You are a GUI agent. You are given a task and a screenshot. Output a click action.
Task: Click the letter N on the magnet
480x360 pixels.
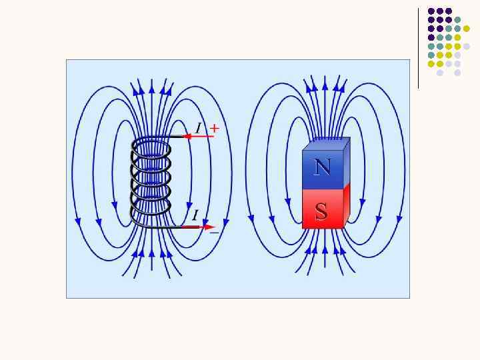(322, 167)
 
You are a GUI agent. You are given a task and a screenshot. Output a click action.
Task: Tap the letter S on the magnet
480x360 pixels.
(321, 212)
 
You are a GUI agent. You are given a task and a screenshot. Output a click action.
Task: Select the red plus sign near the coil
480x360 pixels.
(214, 127)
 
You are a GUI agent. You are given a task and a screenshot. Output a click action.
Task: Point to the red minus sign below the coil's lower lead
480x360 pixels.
(213, 233)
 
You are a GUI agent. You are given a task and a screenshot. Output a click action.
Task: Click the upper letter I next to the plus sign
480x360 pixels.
(198, 128)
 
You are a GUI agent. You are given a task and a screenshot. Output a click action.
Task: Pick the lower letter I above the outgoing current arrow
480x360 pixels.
(195, 215)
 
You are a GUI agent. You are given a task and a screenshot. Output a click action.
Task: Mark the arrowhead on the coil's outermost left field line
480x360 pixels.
(79, 221)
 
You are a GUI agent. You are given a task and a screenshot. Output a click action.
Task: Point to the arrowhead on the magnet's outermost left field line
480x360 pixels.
(251, 217)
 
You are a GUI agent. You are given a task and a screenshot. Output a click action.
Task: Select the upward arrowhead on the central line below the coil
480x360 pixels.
(152, 253)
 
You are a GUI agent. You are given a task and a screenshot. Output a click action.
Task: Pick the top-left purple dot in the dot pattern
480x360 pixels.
(431, 11)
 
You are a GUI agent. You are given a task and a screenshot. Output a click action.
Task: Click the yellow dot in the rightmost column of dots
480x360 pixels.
(467, 29)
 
